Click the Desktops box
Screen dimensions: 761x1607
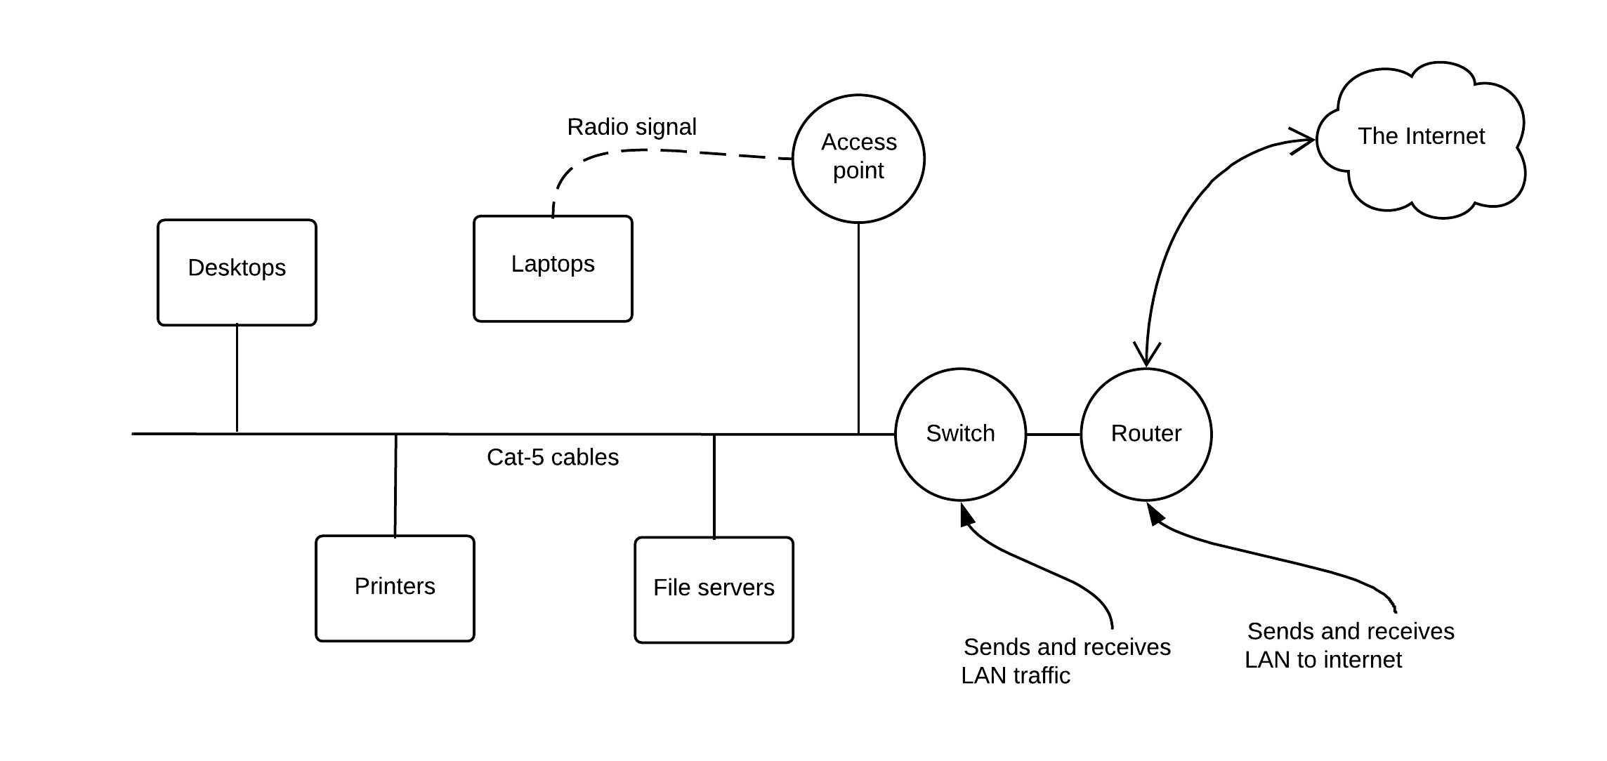[x=237, y=272]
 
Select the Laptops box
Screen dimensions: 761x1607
[x=553, y=269]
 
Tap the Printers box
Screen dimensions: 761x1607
[x=395, y=588]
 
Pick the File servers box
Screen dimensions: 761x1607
[x=714, y=590]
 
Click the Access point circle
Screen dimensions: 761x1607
[x=858, y=159]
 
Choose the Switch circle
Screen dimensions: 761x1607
[x=960, y=434]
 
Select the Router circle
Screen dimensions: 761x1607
[x=1146, y=434]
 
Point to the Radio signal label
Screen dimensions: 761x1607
[x=631, y=127]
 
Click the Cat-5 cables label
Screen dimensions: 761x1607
[x=552, y=458]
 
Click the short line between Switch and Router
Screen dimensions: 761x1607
[x=1053, y=435]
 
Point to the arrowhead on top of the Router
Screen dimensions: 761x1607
[x=1146, y=356]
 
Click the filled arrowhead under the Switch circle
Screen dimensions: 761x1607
[x=966, y=515]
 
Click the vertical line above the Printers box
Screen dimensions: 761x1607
[x=395, y=484]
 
